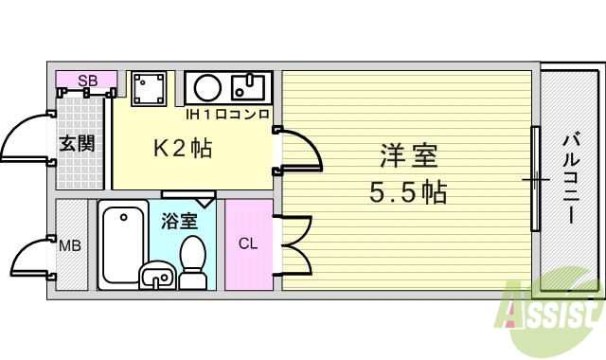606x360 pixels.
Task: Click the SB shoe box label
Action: [86, 81]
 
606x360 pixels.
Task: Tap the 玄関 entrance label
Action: [77, 144]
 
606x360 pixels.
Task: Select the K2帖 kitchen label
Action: [183, 148]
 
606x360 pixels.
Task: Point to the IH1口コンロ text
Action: [228, 115]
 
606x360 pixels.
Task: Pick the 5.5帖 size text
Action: [408, 192]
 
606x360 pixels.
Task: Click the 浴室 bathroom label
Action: [179, 222]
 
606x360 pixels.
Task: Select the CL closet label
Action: [248, 244]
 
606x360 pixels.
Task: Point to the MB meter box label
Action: [70, 246]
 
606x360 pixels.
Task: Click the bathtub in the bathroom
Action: [119, 242]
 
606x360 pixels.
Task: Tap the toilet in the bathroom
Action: [193, 260]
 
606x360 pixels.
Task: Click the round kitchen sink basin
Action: [207, 89]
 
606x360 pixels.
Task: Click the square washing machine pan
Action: [149, 89]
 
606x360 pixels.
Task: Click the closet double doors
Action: [294, 243]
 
